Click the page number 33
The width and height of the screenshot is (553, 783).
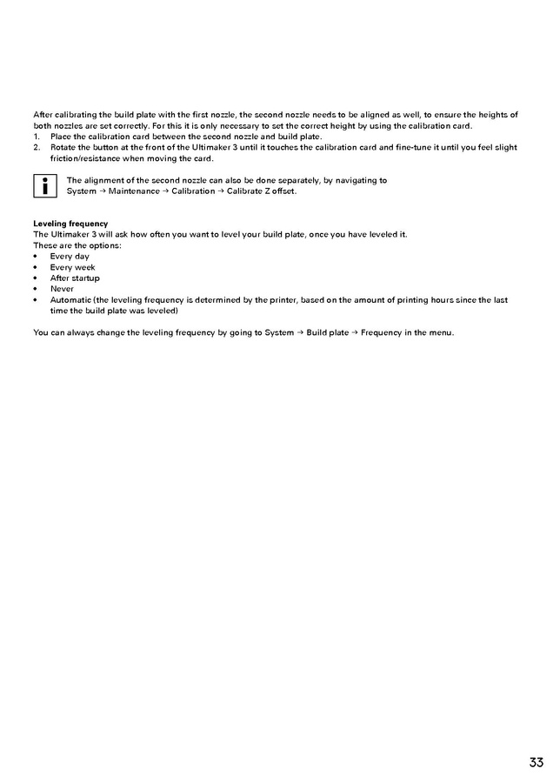click(536, 763)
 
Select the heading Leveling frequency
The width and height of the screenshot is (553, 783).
click(70, 224)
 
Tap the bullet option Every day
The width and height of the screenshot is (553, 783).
click(70, 257)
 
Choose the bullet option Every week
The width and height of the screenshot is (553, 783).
click(72, 267)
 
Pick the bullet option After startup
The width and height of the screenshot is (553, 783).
click(75, 278)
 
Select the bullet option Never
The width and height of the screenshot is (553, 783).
click(62, 289)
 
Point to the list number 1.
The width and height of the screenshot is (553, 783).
click(37, 137)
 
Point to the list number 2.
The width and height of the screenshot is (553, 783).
click(37, 147)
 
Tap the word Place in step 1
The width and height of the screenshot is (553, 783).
click(61, 137)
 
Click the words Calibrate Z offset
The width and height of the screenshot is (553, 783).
click(262, 191)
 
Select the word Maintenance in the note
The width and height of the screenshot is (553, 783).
click(134, 191)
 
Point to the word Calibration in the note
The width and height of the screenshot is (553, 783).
click(193, 191)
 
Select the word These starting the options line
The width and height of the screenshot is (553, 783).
click(44, 245)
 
